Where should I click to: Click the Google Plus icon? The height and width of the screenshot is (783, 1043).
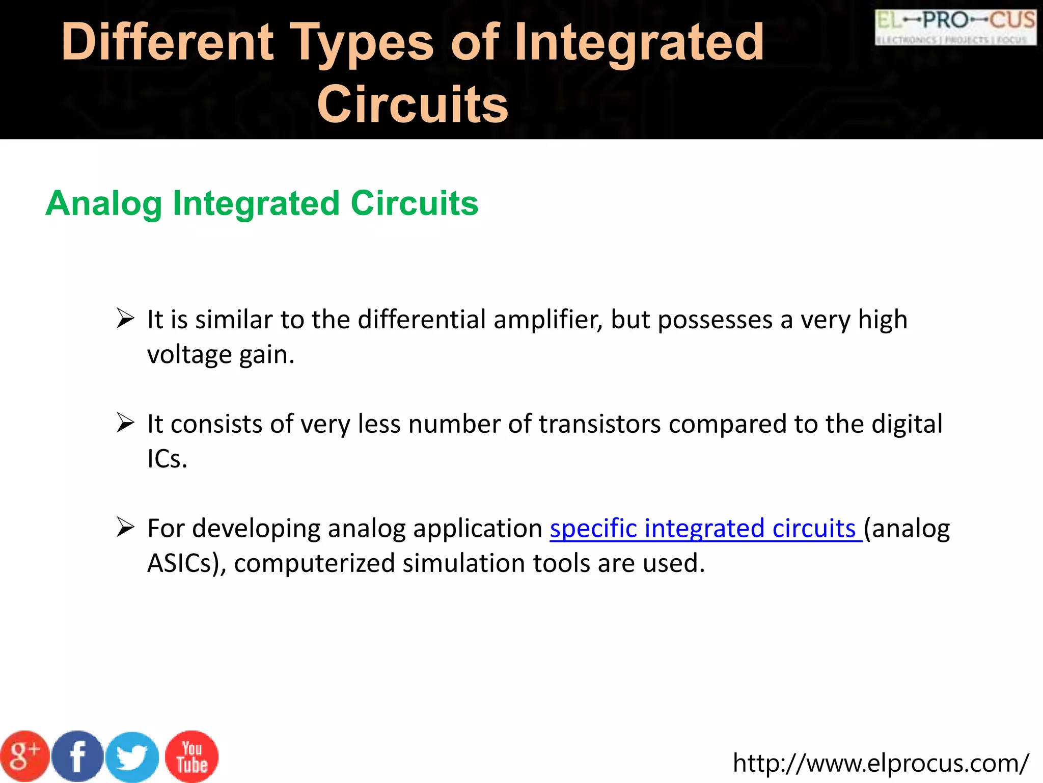click(24, 756)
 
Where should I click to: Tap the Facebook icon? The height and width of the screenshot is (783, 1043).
click(78, 756)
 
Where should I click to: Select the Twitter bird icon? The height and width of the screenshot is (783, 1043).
click(132, 758)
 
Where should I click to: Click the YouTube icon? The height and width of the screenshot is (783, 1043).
click(192, 756)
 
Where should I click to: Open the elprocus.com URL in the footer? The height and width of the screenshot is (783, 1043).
click(881, 764)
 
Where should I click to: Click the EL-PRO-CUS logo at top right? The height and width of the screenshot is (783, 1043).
click(955, 27)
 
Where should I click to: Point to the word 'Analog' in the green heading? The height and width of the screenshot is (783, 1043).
click(103, 203)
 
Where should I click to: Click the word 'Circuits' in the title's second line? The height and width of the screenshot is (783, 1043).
click(413, 105)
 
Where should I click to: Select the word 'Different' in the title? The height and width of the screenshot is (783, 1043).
click(168, 42)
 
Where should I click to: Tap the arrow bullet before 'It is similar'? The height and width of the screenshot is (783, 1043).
click(125, 319)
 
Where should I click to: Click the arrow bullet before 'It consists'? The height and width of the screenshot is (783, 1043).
click(125, 423)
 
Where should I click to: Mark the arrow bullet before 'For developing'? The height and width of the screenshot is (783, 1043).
click(125, 527)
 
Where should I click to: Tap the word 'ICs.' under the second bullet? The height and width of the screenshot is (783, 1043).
click(167, 459)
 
